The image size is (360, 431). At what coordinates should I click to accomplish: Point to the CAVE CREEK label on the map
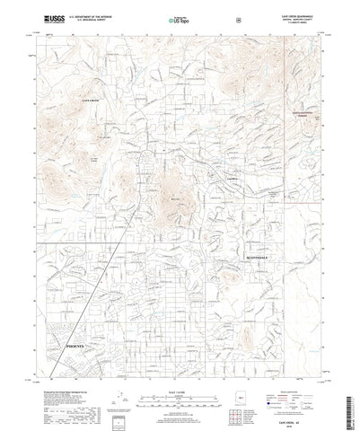click(x=93, y=101)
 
